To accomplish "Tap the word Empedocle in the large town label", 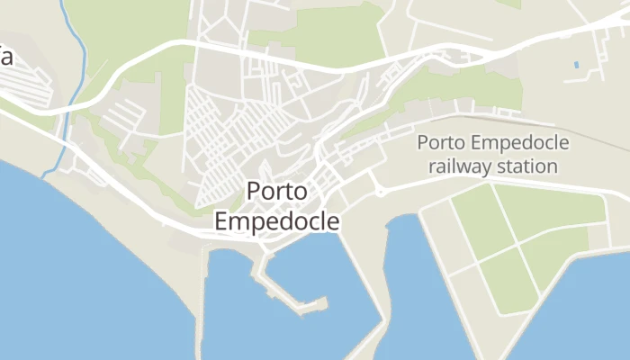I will [277, 220].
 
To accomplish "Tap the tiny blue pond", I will [576, 66].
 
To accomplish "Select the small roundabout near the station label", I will [380, 191].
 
